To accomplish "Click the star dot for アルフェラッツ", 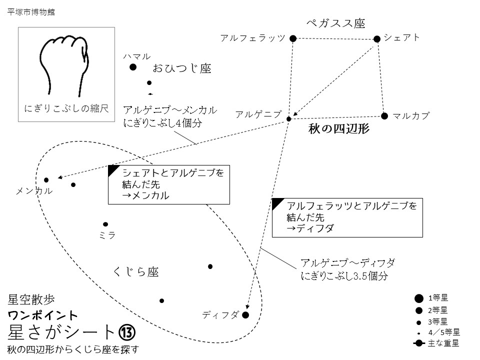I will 293,38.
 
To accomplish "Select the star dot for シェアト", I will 377,38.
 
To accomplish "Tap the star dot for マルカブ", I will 384,116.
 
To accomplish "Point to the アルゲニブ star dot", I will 288,118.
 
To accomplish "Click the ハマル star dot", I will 133,67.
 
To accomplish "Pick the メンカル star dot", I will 46,180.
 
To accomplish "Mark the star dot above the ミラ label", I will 105,224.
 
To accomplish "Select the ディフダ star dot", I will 245,315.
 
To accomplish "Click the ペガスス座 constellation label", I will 335,23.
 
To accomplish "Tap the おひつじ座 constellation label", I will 181,68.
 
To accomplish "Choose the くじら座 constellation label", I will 136,271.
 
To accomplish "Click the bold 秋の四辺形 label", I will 339,129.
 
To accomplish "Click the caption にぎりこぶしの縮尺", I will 66,108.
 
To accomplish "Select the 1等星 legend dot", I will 418,298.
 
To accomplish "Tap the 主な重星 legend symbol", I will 418,343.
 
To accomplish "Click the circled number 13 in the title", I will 127,331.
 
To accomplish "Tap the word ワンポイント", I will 43,315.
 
